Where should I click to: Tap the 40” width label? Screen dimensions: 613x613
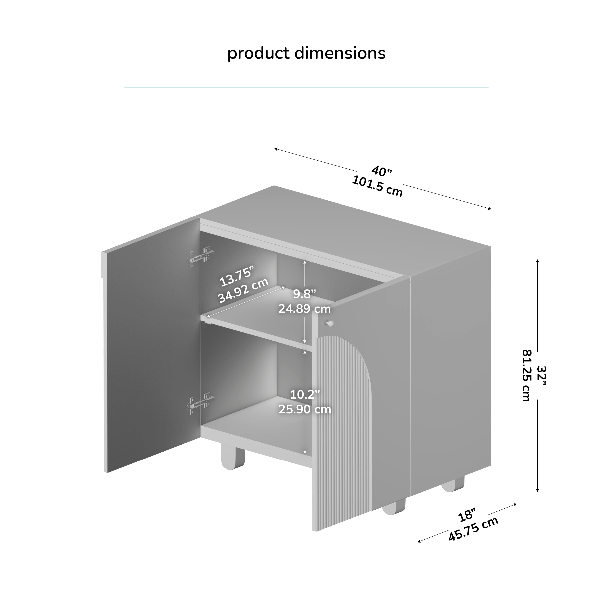382,171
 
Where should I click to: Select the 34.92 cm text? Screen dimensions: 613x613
243,290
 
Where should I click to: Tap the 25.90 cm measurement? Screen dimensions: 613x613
305,409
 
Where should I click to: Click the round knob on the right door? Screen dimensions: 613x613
330,324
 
